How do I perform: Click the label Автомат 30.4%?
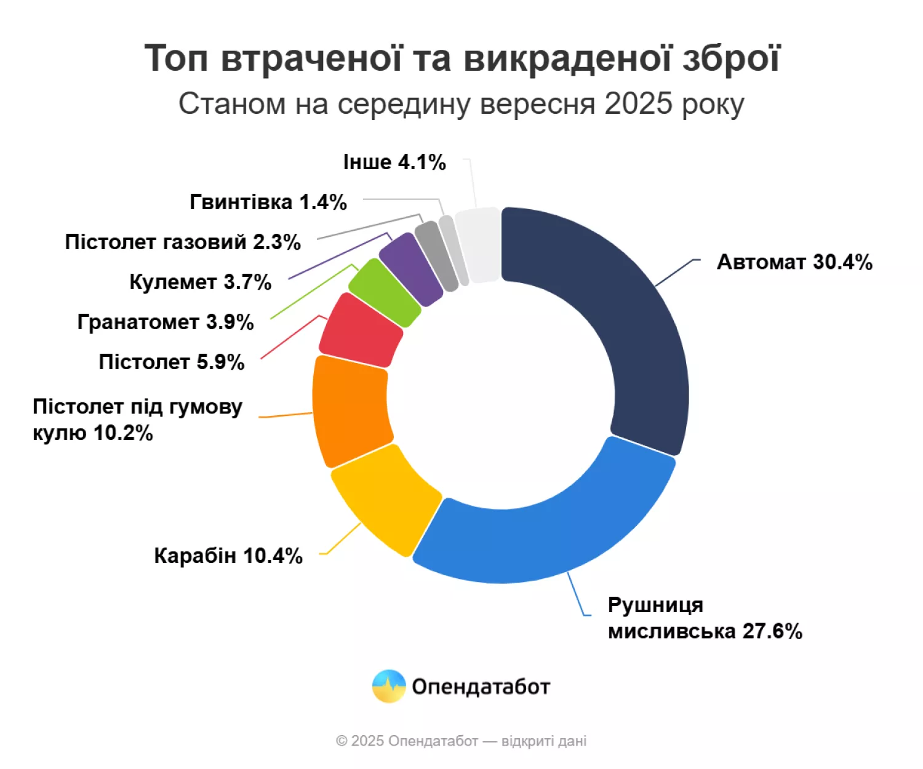click(x=794, y=262)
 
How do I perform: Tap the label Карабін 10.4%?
click(x=228, y=556)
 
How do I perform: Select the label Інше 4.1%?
click(x=394, y=162)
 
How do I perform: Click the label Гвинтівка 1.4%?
click(x=268, y=202)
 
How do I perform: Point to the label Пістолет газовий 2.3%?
click(x=183, y=242)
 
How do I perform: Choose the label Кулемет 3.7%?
click(x=201, y=282)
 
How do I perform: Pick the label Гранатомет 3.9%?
click(x=166, y=322)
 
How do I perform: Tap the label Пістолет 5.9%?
click(x=172, y=362)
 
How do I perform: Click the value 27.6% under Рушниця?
click(x=772, y=631)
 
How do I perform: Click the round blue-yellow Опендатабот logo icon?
click(x=389, y=686)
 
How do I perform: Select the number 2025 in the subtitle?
click(x=638, y=104)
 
